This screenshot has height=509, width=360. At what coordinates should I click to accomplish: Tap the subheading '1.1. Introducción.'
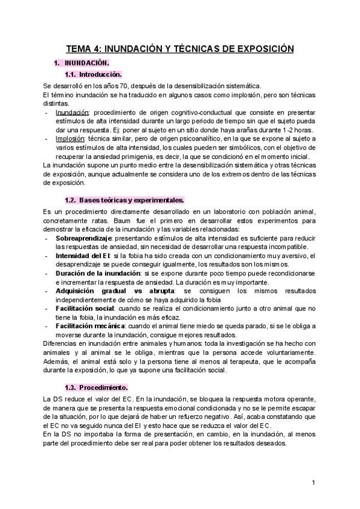point(92,74)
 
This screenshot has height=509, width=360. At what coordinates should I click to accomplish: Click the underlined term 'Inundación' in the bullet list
point(72,112)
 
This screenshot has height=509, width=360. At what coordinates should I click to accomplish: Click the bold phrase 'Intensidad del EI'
point(83,256)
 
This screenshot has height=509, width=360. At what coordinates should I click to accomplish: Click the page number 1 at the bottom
point(313,483)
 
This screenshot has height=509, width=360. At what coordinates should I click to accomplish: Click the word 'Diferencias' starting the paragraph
point(59,343)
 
